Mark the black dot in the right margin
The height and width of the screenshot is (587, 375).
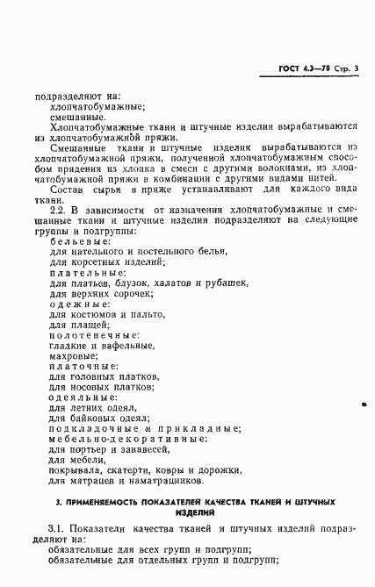click(x=364, y=406)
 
